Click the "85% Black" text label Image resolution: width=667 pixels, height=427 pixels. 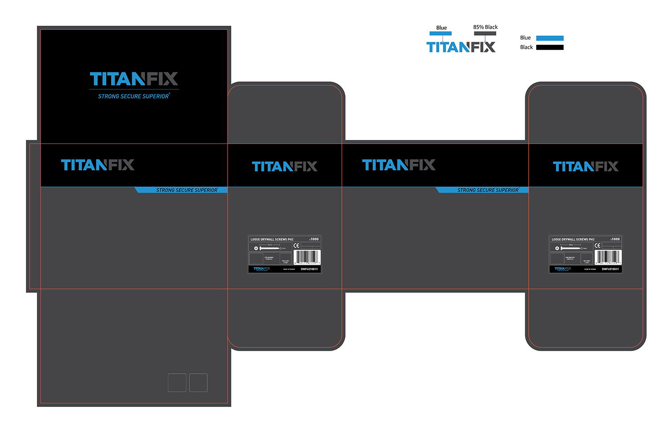pos(485,27)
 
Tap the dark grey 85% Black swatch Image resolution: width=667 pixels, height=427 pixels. pos(485,33)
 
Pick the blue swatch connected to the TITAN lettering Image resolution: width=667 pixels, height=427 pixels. pos(440,33)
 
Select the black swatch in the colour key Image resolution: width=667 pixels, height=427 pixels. pos(550,47)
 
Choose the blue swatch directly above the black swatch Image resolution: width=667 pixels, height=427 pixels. pos(550,38)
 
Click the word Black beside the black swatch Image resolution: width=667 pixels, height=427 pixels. pos(526,47)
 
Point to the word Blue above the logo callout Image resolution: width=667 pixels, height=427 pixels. pos(441,28)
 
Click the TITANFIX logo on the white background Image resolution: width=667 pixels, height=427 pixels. pos(461,47)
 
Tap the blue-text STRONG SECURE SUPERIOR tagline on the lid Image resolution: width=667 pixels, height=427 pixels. pos(133,96)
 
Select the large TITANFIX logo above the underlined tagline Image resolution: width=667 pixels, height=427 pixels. pos(134,79)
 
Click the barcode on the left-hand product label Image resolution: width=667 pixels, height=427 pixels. pos(307,257)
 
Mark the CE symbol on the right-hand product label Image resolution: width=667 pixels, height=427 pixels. pos(597,245)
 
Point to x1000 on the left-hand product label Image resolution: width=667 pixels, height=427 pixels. pos(314,239)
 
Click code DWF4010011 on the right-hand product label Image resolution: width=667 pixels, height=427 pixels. pos(610,269)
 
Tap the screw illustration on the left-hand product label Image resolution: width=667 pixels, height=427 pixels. pos(269,248)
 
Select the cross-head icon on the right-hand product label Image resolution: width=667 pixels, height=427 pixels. pos(557,248)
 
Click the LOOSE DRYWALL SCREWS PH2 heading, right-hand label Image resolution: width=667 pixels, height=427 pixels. pos(573,239)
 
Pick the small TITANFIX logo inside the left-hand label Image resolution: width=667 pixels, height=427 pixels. pos(261,269)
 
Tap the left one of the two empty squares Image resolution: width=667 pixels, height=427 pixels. pos(177,383)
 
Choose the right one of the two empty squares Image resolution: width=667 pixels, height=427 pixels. pos(198,383)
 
